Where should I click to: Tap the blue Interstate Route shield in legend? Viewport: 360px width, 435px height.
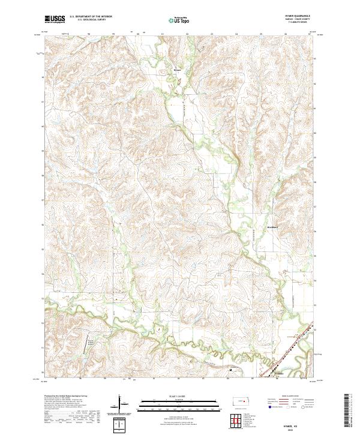click(268, 406)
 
